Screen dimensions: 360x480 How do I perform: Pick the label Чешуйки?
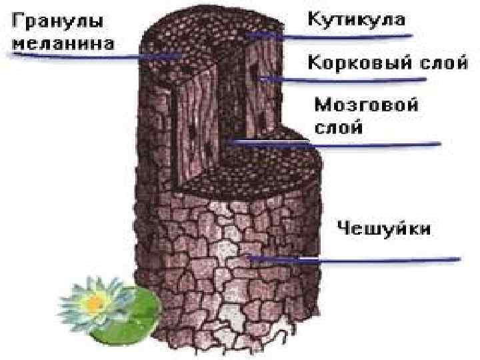[383, 229]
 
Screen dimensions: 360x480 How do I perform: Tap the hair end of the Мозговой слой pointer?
[227, 141]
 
